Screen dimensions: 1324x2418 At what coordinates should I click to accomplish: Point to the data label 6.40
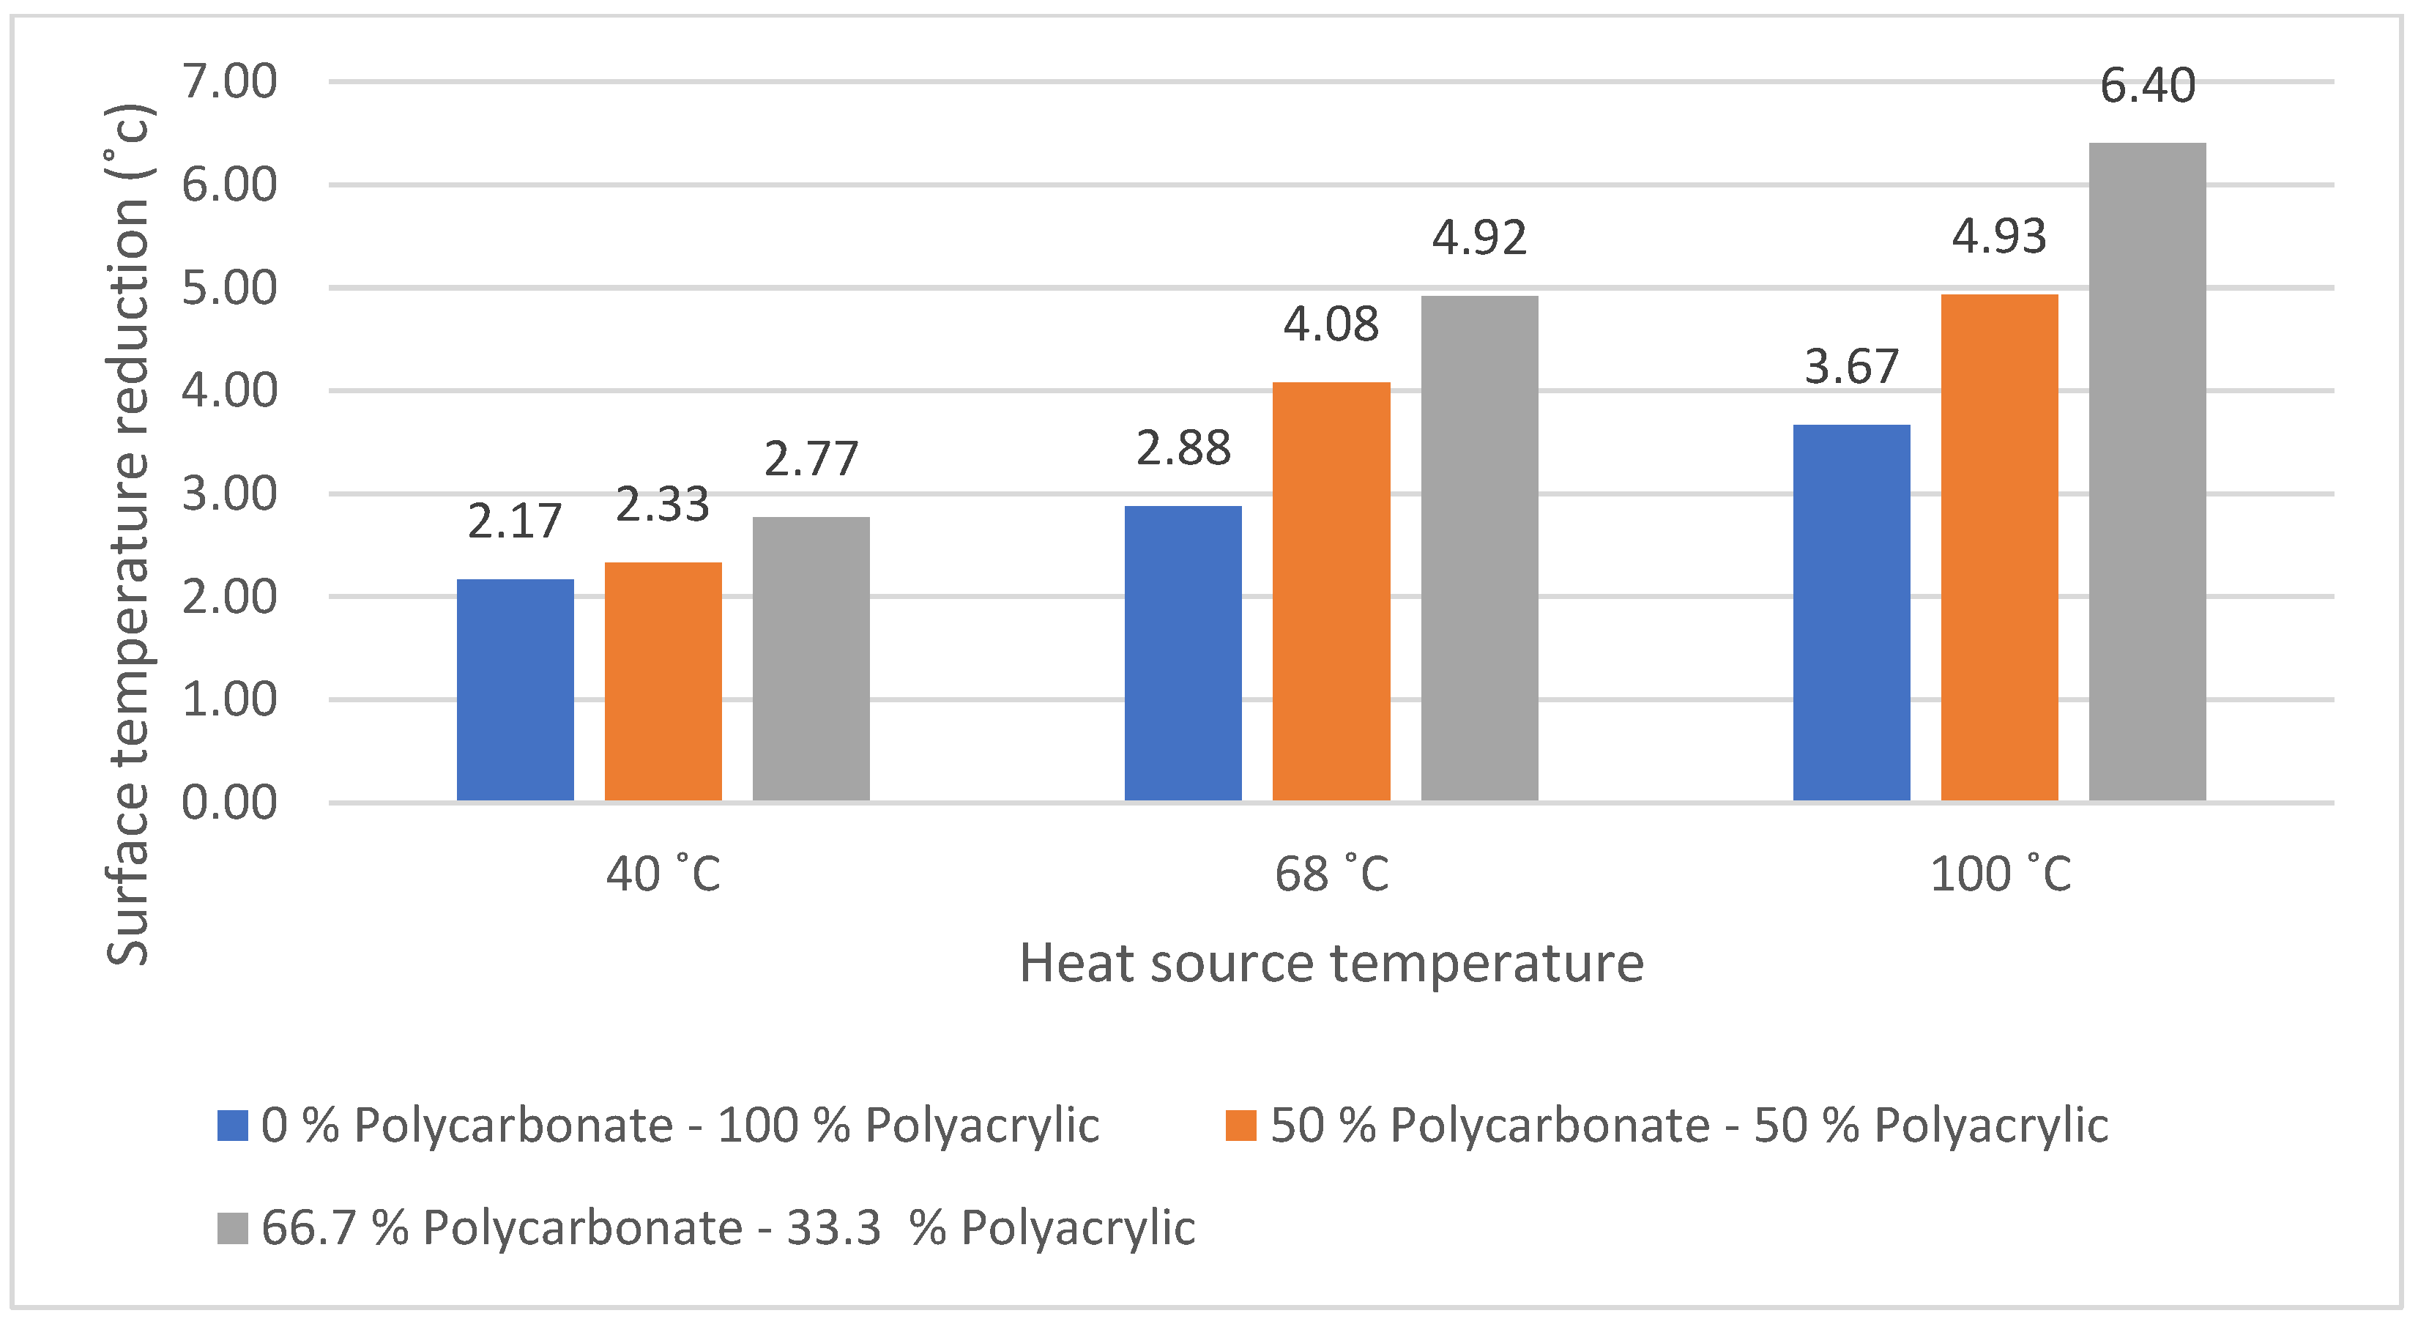(2147, 86)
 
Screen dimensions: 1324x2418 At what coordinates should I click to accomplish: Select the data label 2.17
(514, 522)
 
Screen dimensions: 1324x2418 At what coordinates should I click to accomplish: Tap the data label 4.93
(1998, 237)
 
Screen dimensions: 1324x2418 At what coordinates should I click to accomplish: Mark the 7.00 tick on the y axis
(229, 82)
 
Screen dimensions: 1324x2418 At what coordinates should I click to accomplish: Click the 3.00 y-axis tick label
(229, 494)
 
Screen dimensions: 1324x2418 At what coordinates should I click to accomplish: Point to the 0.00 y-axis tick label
(229, 803)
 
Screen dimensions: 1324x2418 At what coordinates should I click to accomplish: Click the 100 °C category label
(1998, 874)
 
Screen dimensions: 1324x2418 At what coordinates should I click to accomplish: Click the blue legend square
(232, 1125)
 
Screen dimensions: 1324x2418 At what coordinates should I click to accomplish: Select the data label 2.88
(1183, 449)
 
